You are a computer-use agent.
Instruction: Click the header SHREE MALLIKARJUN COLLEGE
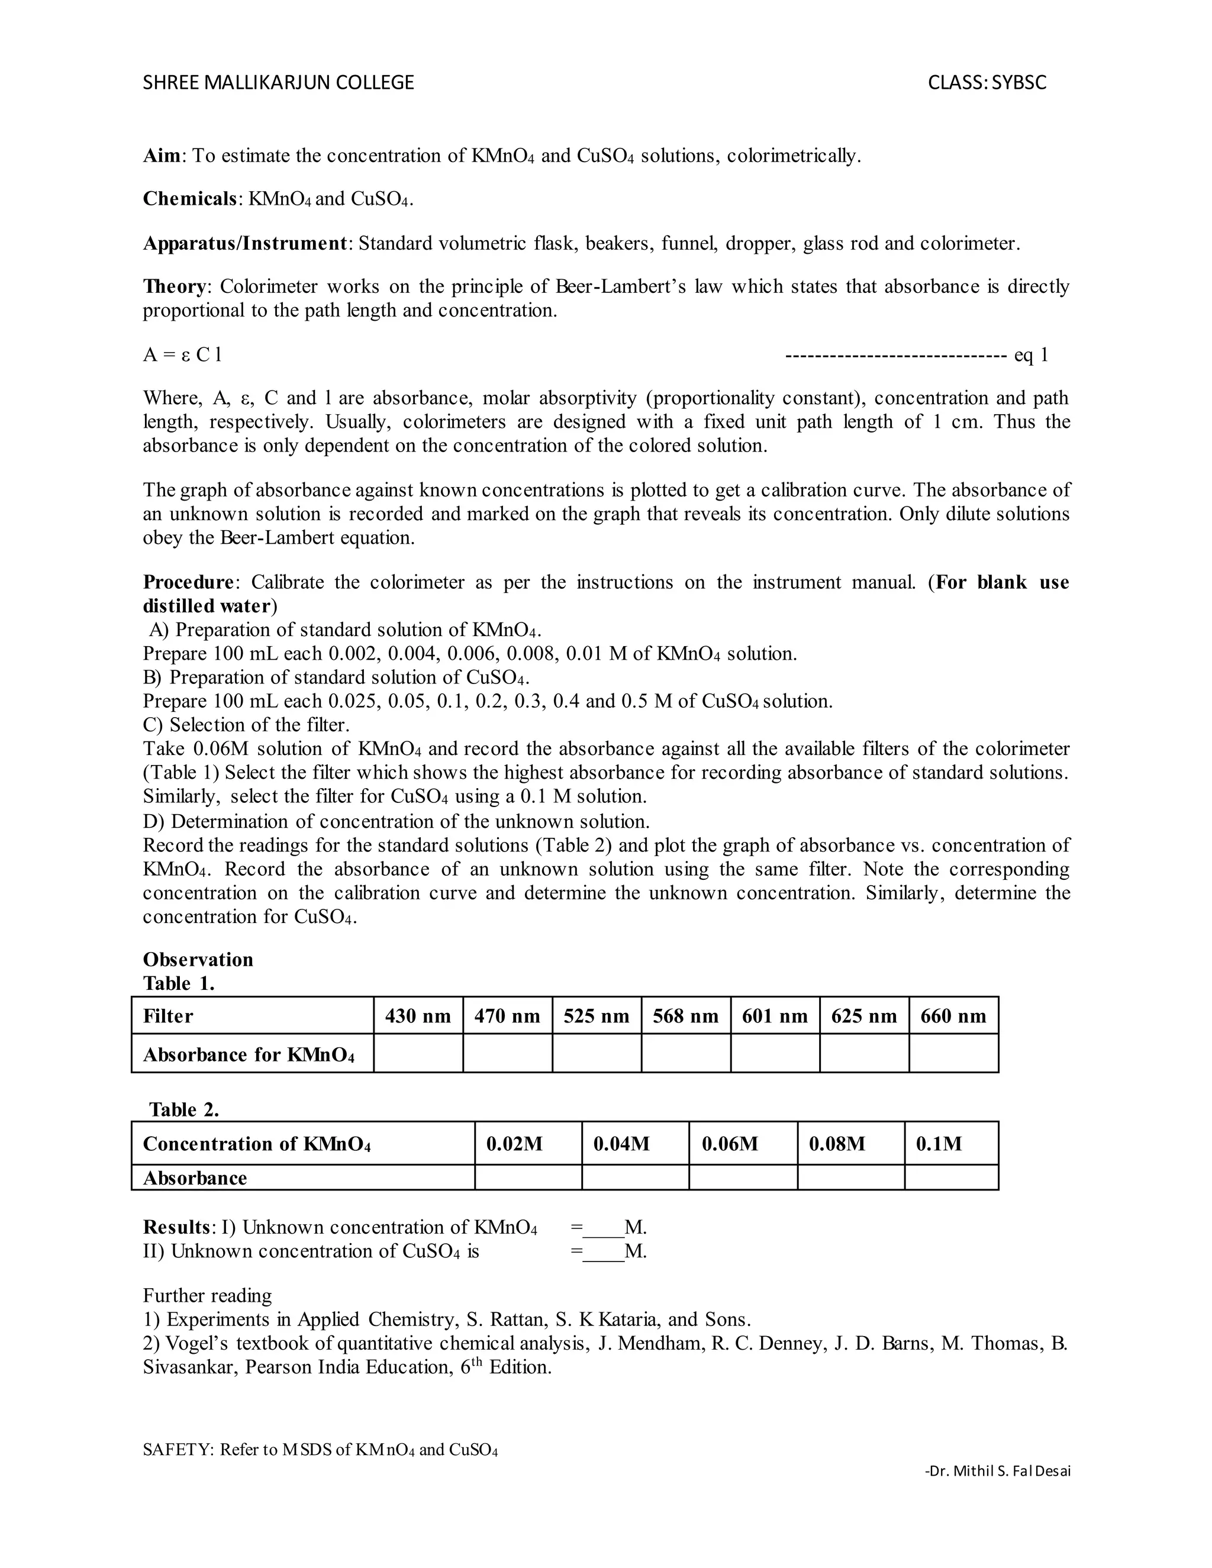[278, 83]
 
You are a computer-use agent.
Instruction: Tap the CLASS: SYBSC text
[987, 83]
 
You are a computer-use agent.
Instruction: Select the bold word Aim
[161, 156]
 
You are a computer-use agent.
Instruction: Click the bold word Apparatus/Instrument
[245, 243]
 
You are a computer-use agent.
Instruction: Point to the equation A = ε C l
[182, 354]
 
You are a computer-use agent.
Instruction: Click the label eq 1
[1030, 354]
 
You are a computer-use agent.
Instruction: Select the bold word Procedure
[188, 582]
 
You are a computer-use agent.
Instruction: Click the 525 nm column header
[596, 1016]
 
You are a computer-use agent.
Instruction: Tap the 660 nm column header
[953, 1016]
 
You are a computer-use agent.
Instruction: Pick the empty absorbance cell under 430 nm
[418, 1053]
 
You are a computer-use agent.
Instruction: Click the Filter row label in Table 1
[168, 1016]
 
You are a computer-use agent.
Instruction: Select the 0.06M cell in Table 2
[730, 1144]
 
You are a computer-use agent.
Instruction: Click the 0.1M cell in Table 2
[938, 1144]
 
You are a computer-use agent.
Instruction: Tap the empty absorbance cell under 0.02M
[528, 1177]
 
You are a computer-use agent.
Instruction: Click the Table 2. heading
[184, 1110]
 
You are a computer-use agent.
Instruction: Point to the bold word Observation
[198, 960]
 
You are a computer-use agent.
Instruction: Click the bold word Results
[176, 1227]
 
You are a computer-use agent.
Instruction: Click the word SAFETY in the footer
[176, 1450]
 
